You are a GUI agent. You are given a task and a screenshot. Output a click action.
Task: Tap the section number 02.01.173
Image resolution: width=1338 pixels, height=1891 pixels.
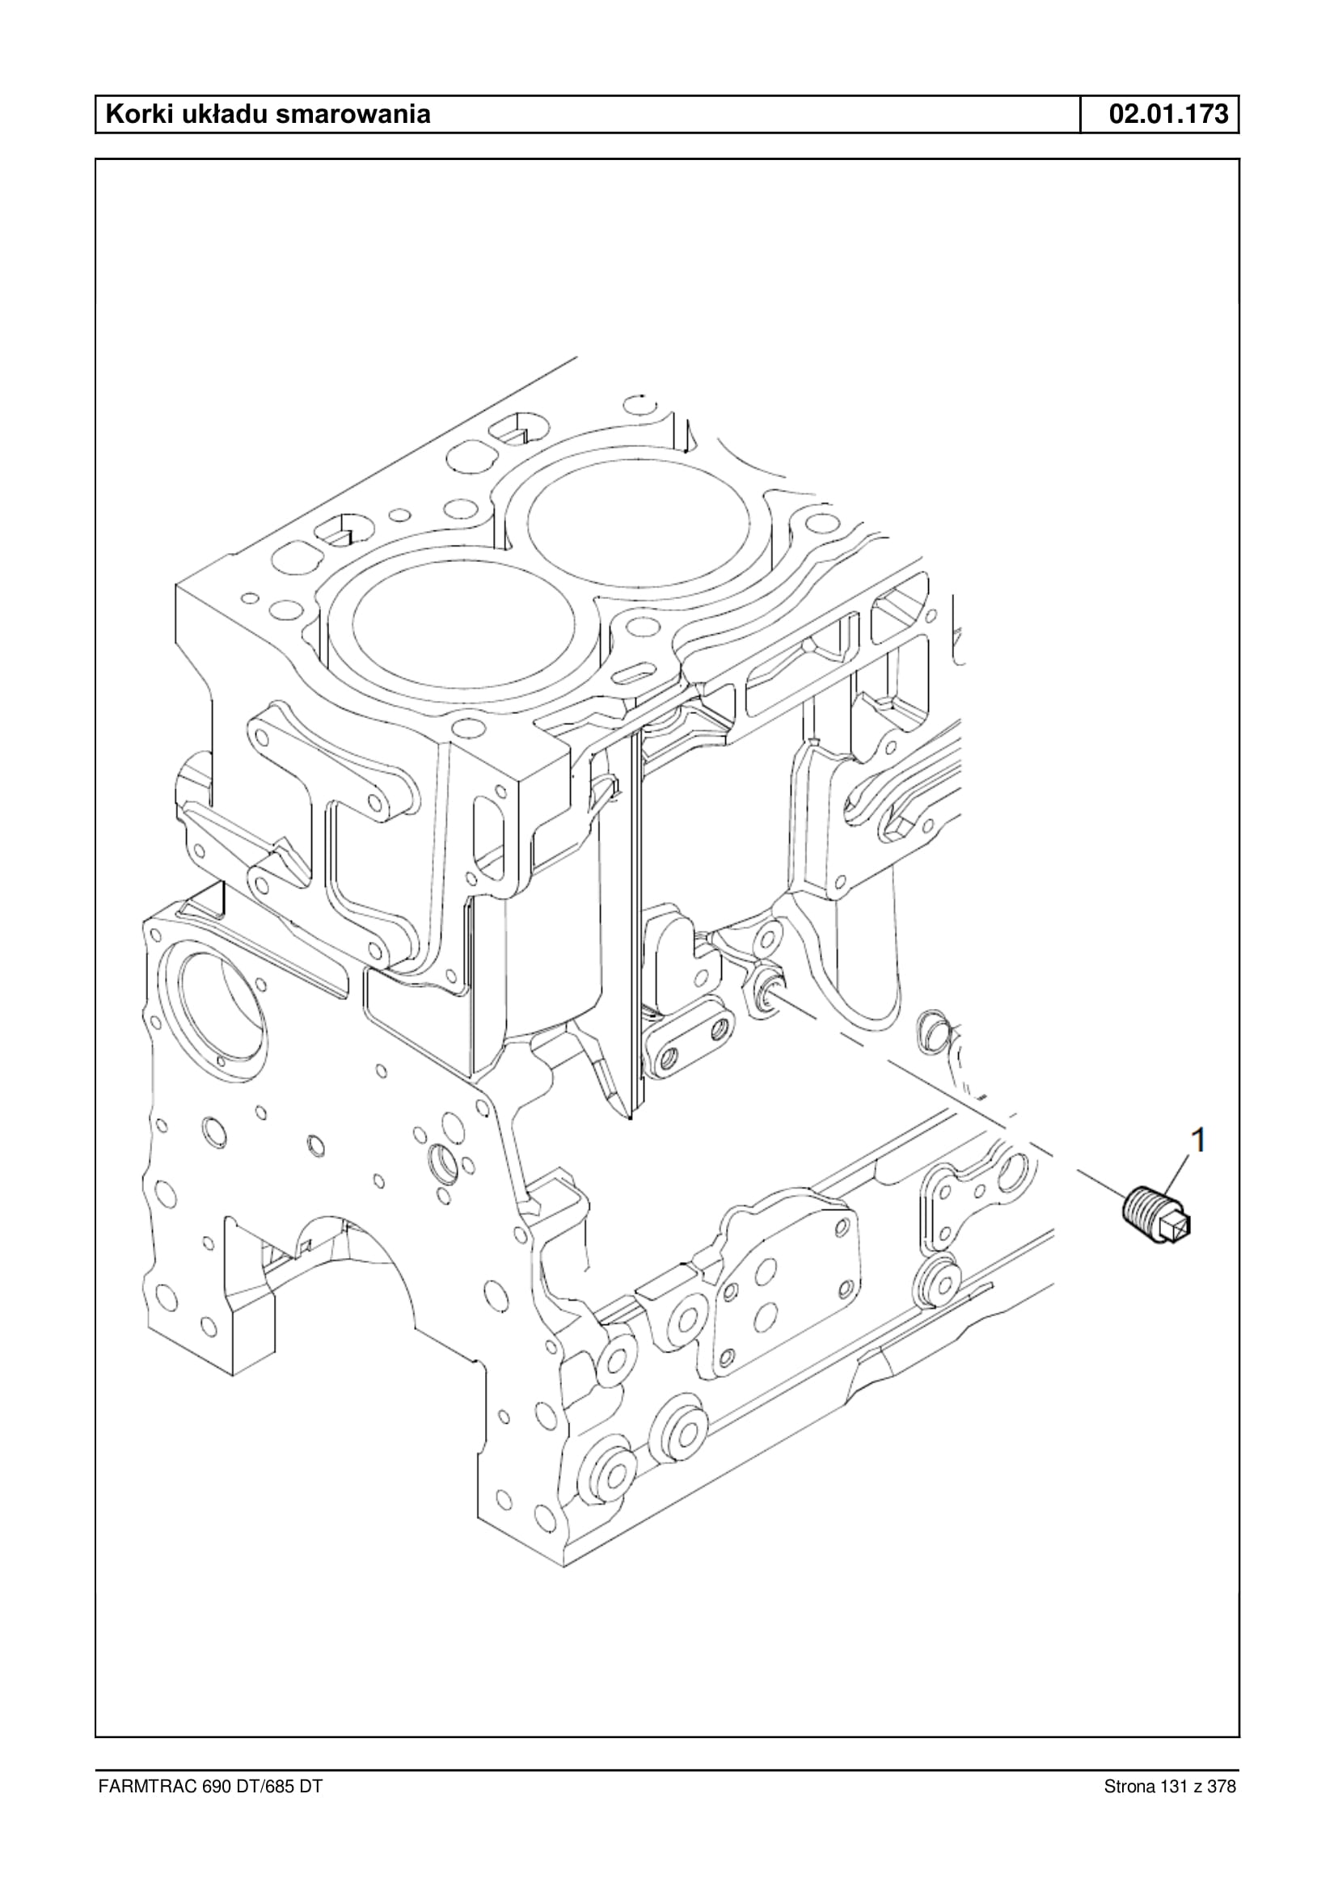(x=1168, y=114)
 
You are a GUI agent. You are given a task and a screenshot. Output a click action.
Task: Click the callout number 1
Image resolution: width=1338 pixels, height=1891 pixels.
(x=1199, y=1141)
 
